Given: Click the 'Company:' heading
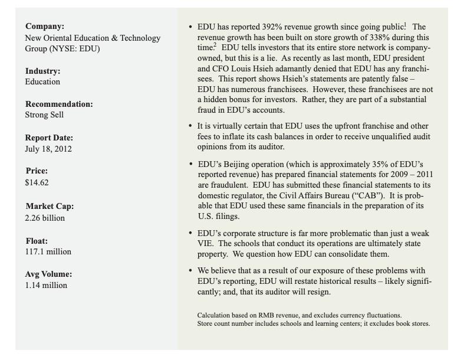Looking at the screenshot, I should [x=44, y=27].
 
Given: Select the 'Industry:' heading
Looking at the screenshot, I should [x=42, y=71].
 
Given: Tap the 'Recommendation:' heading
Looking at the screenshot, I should [x=59, y=104].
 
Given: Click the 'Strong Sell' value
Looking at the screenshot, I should [x=44, y=114].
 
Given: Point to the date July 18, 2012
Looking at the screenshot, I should [x=48, y=149].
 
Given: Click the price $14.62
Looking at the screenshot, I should [x=37, y=182].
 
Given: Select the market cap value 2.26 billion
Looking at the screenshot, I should [x=45, y=218].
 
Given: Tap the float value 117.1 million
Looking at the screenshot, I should [x=48, y=251].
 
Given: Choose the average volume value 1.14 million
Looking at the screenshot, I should [x=46, y=285].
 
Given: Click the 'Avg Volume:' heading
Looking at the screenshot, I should [x=48, y=274].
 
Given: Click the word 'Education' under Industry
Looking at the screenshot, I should [x=42, y=81].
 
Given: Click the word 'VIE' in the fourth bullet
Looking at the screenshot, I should [x=207, y=244].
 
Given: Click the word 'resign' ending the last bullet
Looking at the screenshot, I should [x=316, y=292].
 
